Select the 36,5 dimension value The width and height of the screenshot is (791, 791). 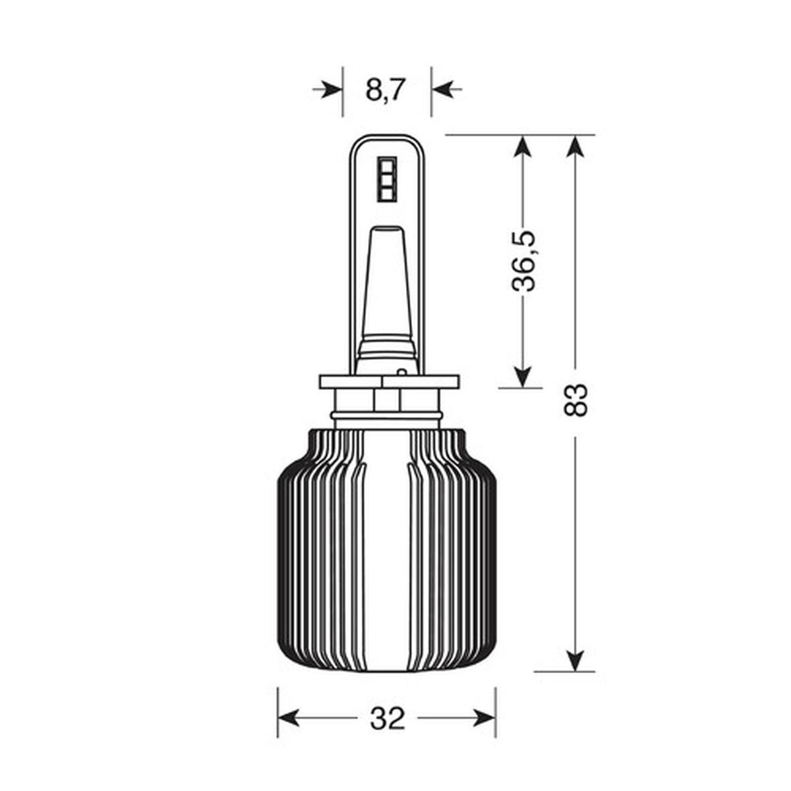pos(525,261)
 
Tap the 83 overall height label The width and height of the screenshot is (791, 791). pos(575,399)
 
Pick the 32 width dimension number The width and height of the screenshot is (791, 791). pos(387,718)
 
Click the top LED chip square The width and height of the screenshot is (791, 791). pos(387,164)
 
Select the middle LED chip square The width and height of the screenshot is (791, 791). pos(387,179)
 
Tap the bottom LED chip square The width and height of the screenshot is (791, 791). pos(387,193)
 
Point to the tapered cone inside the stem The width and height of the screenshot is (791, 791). pos(386,283)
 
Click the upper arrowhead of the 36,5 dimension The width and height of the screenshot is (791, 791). pos(522,146)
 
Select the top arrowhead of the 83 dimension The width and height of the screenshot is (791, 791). pos(575,146)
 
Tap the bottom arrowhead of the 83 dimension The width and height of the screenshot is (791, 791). pos(575,660)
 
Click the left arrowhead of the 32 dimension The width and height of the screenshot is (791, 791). pos(289,718)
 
